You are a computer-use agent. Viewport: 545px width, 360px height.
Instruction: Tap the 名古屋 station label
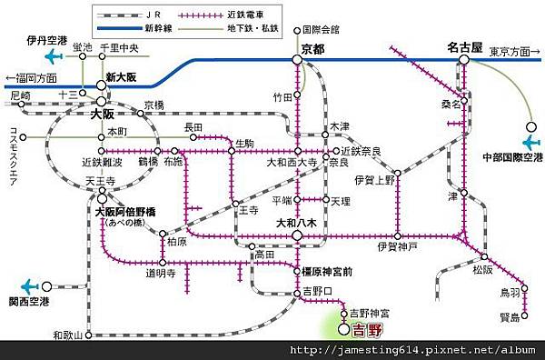click(x=464, y=45)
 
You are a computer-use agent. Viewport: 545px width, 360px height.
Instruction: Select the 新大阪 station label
click(x=121, y=77)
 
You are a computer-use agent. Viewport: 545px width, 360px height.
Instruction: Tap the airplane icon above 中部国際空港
click(x=533, y=141)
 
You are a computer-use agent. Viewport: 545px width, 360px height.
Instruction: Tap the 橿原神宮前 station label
click(x=325, y=272)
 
